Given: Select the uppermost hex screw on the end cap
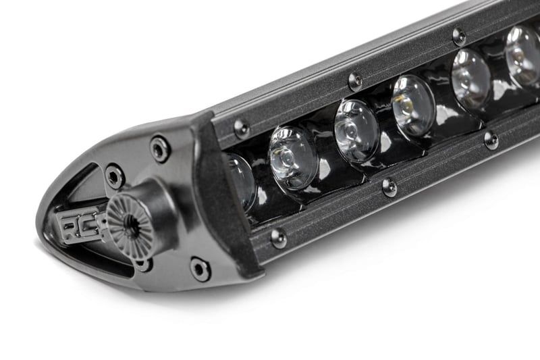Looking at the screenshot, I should [x=160, y=148].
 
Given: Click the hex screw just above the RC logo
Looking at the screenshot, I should [x=114, y=176].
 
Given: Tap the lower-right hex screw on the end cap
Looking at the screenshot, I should [x=200, y=268].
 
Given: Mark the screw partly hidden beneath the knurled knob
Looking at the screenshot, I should [x=143, y=263].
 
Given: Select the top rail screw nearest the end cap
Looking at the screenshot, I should [x=241, y=127].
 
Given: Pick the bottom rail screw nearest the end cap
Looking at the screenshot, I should [x=278, y=237].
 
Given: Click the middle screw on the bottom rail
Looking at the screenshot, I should [x=389, y=186].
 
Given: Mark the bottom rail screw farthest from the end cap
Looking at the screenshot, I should [x=491, y=140].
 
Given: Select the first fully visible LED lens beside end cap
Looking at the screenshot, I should [x=293, y=158].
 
